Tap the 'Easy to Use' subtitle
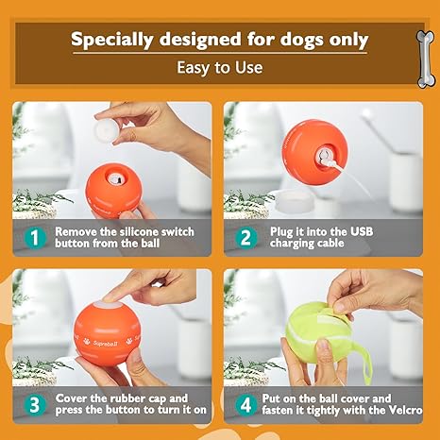(x=220, y=67)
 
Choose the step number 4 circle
(x=245, y=405)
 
